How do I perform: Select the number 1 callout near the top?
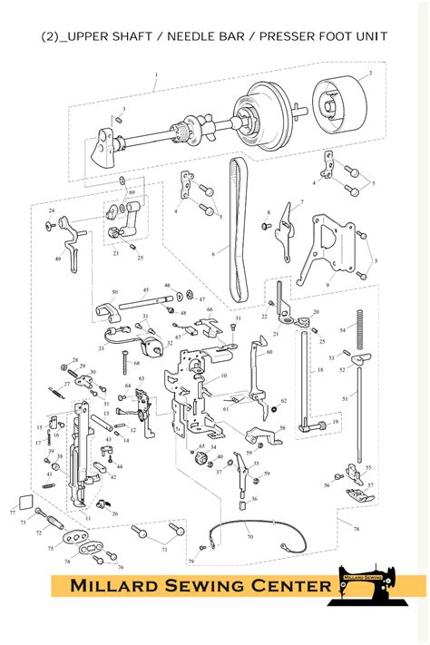tap(155, 75)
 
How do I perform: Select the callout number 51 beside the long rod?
tap(344, 397)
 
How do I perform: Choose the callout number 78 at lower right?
tap(356, 528)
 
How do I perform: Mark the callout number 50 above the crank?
tap(115, 292)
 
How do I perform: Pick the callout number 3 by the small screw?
tap(124, 109)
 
